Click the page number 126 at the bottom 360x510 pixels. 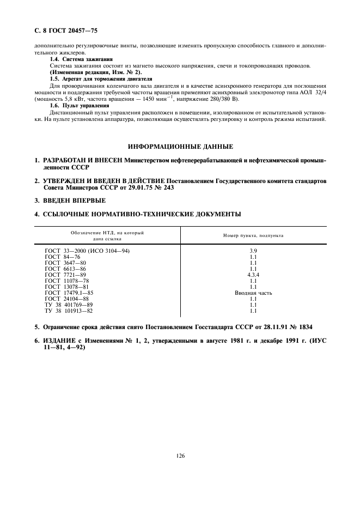pos(180,456)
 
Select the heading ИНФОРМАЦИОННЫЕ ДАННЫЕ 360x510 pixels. pos(180,147)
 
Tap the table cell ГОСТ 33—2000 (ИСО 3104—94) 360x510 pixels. pos(87,250)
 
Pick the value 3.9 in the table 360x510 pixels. pos(253,250)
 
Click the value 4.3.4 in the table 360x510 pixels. pos(253,275)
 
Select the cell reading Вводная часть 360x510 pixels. pos(253,293)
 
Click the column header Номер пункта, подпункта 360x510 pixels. pos(253,235)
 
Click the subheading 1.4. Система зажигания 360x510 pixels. pos(81,59)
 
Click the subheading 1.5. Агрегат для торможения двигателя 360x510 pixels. pos(101,79)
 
